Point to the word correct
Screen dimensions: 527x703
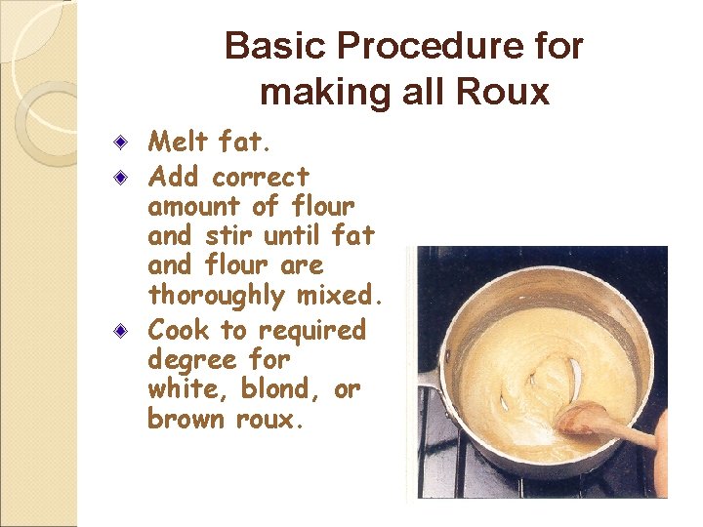click(x=260, y=178)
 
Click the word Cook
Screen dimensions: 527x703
click(x=177, y=330)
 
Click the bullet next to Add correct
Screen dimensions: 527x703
click(x=119, y=178)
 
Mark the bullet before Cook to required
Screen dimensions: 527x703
click(x=119, y=330)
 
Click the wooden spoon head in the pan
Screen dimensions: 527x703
click(x=584, y=418)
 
